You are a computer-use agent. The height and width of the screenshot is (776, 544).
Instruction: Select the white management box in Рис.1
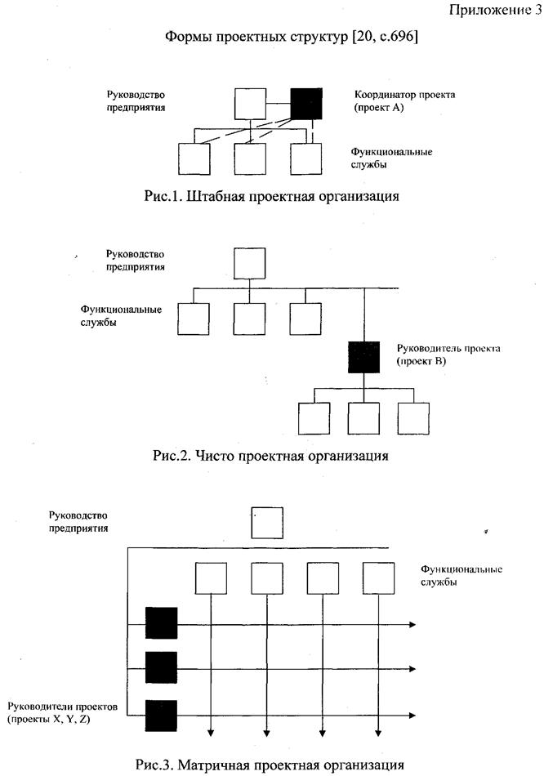tap(250, 105)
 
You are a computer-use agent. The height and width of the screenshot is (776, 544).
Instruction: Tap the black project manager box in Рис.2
tap(363, 357)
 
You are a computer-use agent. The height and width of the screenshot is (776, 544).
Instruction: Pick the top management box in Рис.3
tap(266, 523)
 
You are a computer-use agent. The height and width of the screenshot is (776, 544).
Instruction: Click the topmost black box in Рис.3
tap(161, 623)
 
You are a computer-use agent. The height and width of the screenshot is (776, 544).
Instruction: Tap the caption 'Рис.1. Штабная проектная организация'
tap(270, 196)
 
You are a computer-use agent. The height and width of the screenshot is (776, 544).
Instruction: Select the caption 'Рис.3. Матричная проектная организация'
tap(270, 765)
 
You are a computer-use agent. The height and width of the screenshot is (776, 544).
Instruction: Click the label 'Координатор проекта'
tap(404, 95)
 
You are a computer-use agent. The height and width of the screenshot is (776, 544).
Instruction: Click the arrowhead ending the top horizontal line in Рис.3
tap(411, 625)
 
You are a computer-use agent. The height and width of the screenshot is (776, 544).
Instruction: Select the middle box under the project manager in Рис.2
tap(363, 417)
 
